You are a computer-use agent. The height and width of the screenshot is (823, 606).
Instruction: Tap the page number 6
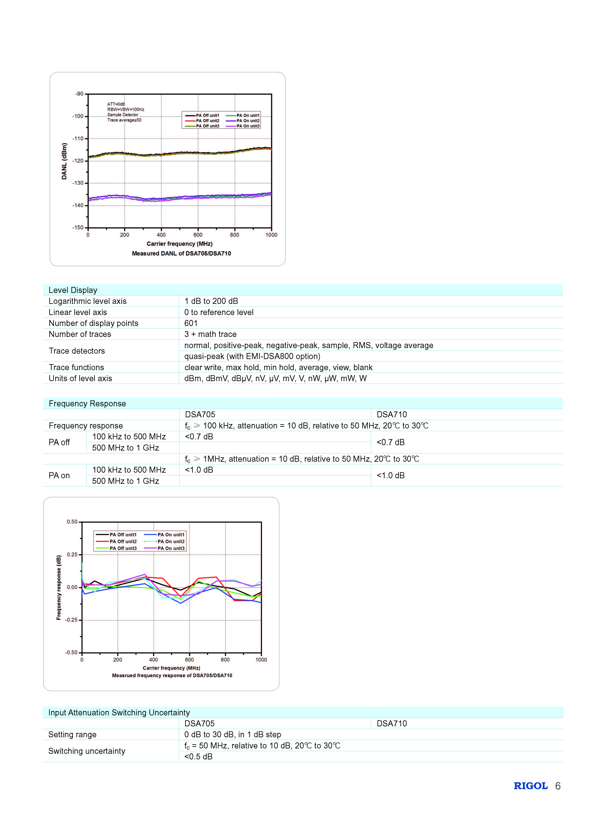557,786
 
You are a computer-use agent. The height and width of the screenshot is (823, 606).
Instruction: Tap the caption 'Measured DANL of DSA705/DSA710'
181,253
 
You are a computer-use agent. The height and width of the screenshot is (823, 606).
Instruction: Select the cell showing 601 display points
191,323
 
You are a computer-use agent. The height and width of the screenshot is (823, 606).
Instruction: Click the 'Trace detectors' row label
77,351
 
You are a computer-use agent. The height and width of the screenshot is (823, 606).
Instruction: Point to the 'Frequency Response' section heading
87,403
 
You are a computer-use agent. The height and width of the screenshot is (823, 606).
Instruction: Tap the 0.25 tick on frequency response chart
72,554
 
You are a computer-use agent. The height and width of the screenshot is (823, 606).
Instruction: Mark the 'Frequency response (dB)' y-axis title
59,587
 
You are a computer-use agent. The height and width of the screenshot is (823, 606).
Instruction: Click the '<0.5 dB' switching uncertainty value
198,756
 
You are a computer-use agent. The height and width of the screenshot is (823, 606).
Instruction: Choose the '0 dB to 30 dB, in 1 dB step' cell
233,735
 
